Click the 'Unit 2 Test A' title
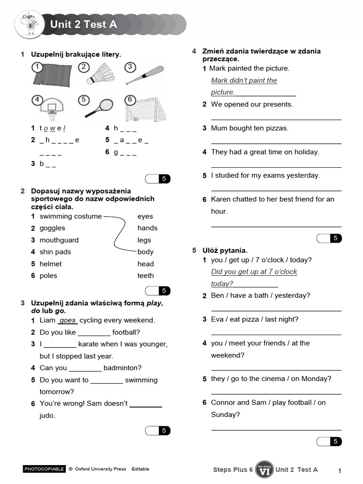coord(83,25)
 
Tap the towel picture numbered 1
coord(52,76)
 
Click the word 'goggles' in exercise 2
coord(52,228)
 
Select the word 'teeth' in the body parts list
coord(146,276)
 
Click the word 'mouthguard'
coord(59,240)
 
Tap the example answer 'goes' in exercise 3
coord(68,320)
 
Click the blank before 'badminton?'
coord(85,369)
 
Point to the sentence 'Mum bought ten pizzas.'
coord(250,128)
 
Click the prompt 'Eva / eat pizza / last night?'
coord(255,320)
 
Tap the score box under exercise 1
coord(158,179)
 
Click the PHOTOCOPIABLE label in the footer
coord(44,469)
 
